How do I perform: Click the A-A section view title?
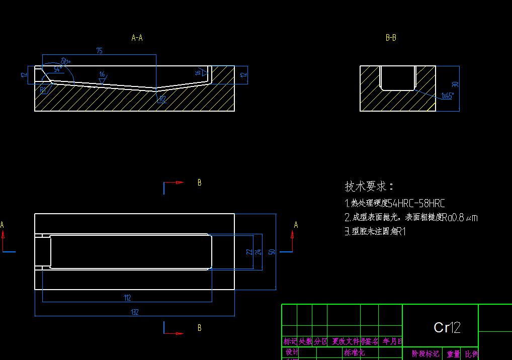click(137, 38)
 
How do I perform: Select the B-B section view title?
click(391, 38)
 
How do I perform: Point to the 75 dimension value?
click(99, 51)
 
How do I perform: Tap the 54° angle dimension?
click(57, 70)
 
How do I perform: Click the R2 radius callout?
click(162, 100)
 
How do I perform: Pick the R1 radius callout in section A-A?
click(43, 90)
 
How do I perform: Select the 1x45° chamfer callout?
click(448, 96)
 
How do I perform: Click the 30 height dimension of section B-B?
click(455, 85)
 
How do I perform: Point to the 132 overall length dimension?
click(134, 312)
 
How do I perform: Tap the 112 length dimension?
click(127, 298)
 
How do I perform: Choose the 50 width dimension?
click(272, 251)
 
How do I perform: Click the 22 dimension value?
click(249, 251)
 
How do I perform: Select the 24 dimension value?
click(259, 251)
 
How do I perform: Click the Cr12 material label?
click(447, 328)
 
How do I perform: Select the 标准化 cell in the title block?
click(354, 352)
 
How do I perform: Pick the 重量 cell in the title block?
click(453, 354)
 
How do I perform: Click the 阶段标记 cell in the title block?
click(425, 354)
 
